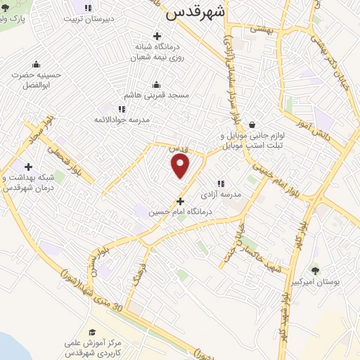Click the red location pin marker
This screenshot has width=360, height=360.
(181, 166)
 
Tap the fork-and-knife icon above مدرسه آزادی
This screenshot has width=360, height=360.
(221, 183)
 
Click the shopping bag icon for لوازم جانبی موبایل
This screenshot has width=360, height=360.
(252, 124)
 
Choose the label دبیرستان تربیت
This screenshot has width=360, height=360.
(89, 19)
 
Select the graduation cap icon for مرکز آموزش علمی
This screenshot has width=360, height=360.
(92, 332)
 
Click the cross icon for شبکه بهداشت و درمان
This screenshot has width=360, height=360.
(28, 167)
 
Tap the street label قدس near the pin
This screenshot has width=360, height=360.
(179, 150)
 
